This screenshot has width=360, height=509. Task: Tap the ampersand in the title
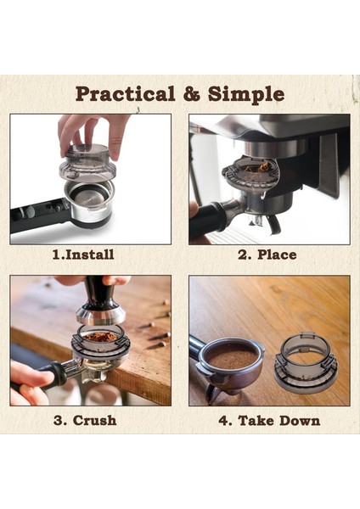point(192,92)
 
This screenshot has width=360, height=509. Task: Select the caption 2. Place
point(268,254)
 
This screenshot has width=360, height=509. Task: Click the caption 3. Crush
point(82,419)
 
